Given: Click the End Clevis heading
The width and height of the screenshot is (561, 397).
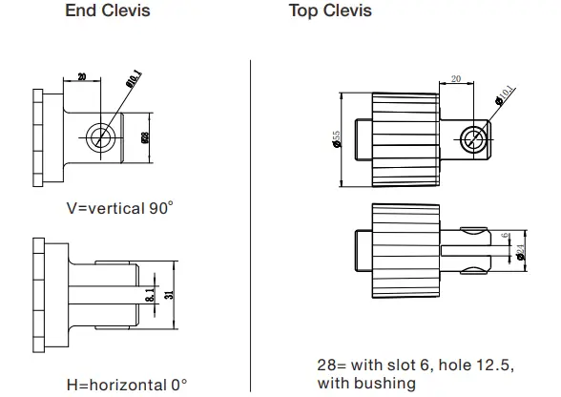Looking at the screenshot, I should tap(107, 12).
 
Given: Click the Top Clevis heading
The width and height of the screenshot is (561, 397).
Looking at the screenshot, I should tap(330, 12).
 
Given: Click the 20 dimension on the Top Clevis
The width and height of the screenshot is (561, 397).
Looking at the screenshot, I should tap(455, 80).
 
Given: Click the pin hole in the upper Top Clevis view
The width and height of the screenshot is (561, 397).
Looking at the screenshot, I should tap(471, 139).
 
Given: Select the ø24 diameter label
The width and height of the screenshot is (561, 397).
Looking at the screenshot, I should tap(521, 252).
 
